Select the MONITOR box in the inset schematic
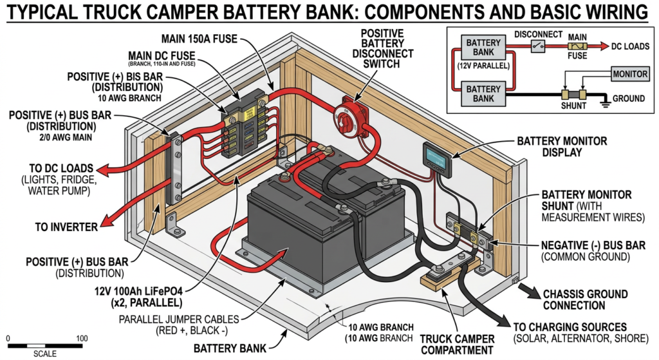629,73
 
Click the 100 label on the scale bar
81,338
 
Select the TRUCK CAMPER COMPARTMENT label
457,344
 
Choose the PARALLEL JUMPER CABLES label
178,319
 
